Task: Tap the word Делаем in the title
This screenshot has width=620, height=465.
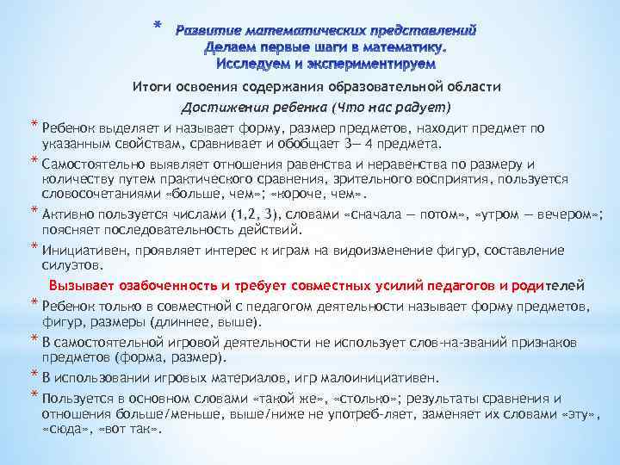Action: pyautogui.click(x=236, y=47)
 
